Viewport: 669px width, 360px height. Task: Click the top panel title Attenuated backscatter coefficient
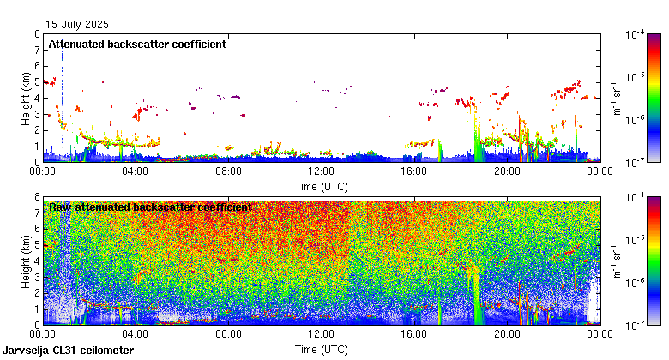pos(136,45)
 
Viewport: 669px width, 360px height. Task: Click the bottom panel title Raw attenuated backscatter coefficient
pos(150,207)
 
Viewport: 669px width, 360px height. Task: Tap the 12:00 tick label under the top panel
pos(321,171)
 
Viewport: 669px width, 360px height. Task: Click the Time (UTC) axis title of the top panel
pos(321,185)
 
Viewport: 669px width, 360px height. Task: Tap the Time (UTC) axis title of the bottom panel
pos(321,349)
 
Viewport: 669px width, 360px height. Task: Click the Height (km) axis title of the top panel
pos(27,98)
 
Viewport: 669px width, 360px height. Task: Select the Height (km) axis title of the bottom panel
pos(27,261)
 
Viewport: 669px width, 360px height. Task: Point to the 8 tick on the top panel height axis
pos(37,34)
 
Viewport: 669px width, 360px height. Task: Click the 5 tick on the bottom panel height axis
pos(37,244)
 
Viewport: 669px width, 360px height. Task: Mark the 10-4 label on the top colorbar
pos(636,36)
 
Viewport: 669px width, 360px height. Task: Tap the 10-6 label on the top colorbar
pos(636,121)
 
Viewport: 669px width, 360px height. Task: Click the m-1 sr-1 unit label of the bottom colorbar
pos(616,261)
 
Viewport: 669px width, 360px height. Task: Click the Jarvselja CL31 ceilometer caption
pos(68,351)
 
